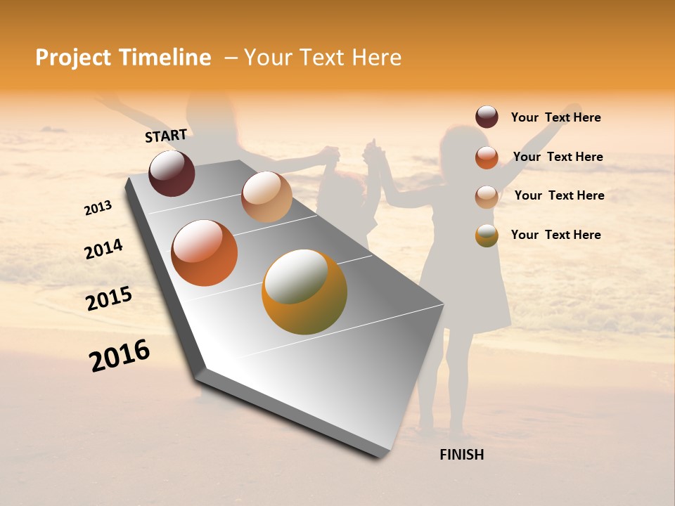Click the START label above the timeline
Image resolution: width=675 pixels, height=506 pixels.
(x=166, y=136)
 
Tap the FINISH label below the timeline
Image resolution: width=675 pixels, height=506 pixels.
(x=462, y=455)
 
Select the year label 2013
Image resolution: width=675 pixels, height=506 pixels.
(x=98, y=208)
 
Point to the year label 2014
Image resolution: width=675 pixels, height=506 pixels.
(x=104, y=249)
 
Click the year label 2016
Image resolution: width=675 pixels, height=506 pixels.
(x=120, y=356)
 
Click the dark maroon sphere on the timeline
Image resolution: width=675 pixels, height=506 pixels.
(x=172, y=173)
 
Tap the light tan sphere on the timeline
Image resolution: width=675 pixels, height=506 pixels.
(x=266, y=197)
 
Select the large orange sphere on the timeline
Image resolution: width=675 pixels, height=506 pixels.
(x=205, y=253)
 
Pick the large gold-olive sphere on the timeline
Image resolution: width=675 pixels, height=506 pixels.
(x=304, y=292)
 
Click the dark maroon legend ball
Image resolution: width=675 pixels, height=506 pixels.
(x=487, y=117)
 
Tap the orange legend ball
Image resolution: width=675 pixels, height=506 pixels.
(x=487, y=157)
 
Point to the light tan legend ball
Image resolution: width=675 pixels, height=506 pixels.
(x=487, y=197)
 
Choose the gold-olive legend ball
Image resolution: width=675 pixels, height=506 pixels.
(x=487, y=235)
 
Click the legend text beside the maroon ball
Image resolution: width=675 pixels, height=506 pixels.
(x=556, y=117)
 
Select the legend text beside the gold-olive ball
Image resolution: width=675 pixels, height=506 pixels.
(x=556, y=235)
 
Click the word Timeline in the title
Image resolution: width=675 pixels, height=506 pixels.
(x=165, y=58)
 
